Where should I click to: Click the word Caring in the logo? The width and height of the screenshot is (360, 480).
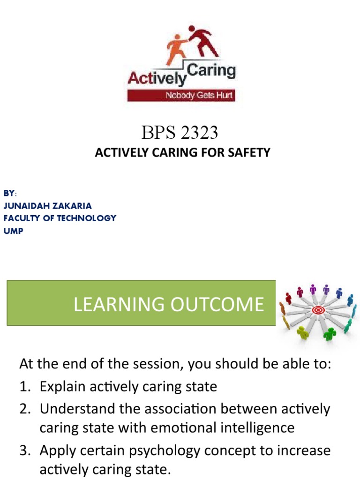(211, 72)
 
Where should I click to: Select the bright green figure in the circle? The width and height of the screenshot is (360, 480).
(330, 334)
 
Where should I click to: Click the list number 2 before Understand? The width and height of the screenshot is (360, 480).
(24, 409)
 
